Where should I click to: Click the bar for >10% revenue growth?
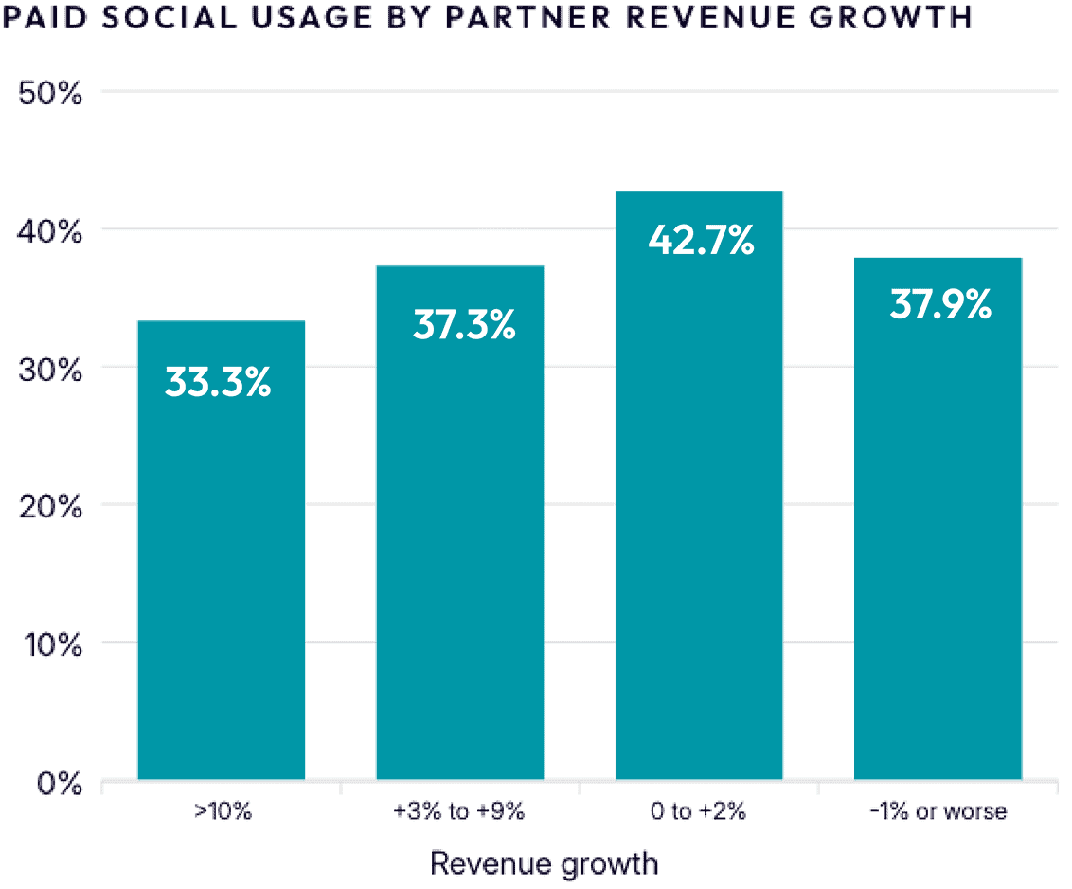pos(222,569)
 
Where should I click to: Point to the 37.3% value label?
pos(464,325)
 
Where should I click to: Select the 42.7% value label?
pos(701,240)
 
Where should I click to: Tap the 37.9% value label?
pos(940,304)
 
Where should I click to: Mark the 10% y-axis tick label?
pos(50,644)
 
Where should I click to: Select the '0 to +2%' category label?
pos(699,811)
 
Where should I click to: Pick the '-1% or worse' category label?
pos(938,811)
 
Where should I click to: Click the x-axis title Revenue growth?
pos(544,863)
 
